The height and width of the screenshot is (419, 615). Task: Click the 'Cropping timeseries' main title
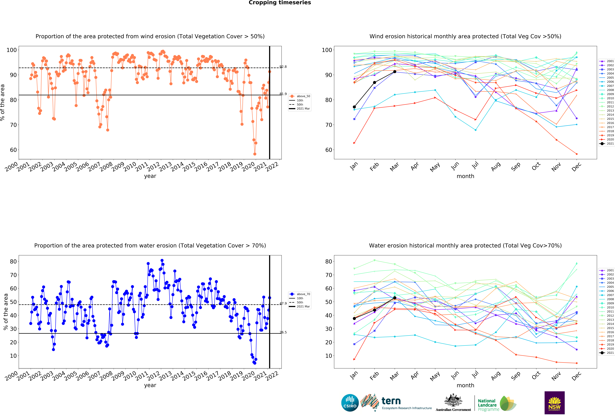[280, 3]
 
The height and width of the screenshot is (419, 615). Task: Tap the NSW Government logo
[554, 403]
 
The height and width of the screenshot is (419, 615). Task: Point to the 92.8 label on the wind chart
[283, 67]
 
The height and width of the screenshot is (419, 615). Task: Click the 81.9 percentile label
[283, 94]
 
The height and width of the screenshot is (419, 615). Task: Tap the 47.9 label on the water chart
[283, 303]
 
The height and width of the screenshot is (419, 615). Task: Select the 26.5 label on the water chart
[283, 332]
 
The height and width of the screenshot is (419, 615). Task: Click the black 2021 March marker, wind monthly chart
[395, 72]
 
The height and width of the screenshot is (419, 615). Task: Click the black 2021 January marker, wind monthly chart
[354, 107]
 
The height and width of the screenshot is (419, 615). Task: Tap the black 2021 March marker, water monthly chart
[395, 298]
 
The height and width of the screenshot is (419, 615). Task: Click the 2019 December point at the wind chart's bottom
[577, 154]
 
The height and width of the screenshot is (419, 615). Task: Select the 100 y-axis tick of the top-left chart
[12, 50]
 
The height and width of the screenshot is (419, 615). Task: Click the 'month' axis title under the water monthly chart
[465, 385]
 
